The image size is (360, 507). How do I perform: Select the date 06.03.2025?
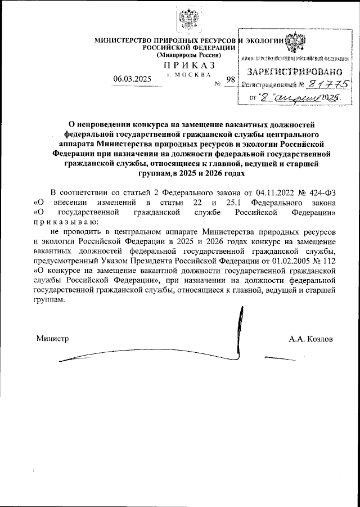coord(132,79)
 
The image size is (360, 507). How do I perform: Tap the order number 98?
coord(229,80)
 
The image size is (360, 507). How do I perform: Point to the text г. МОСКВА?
coord(189,74)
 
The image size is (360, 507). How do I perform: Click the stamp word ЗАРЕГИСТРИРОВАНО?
coord(295,71)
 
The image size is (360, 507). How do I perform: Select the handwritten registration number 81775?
coord(326,84)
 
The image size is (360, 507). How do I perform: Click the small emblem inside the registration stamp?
coord(296,43)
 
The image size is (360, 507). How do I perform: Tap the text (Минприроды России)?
coord(188,56)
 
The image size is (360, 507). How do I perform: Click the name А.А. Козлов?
coord(310,339)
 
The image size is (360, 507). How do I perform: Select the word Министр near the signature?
coord(52,339)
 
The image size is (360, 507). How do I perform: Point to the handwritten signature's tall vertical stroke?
coord(241,326)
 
